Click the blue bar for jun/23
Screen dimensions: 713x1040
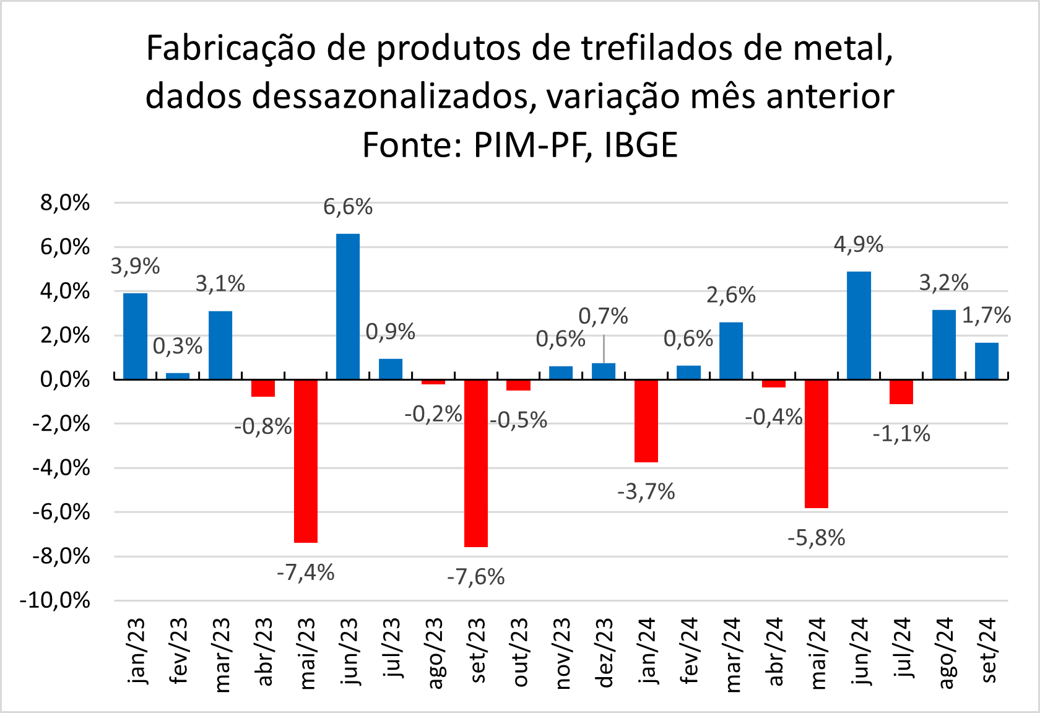pyautogui.click(x=348, y=306)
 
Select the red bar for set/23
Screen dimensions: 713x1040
pyautogui.click(x=476, y=463)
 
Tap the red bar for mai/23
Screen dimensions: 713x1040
pyautogui.click(x=306, y=461)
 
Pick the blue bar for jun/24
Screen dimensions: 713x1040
pyautogui.click(x=859, y=326)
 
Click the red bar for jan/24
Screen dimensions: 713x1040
pyautogui.click(x=646, y=421)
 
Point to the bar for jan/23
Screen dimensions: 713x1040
pyautogui.click(x=136, y=336)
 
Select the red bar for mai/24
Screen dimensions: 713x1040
pyautogui.click(x=817, y=444)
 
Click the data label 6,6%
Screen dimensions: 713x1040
pyautogui.click(x=348, y=207)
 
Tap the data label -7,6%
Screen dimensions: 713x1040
pyautogui.click(x=476, y=577)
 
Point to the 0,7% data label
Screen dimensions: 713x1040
pyautogui.click(x=603, y=316)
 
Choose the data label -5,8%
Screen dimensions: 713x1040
pyautogui.click(x=817, y=538)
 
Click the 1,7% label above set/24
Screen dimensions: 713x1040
pyautogui.click(x=986, y=316)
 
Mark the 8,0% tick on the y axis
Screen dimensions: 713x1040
pyautogui.click(x=65, y=202)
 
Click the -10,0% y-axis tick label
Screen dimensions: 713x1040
pyautogui.click(x=55, y=600)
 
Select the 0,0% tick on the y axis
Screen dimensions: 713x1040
pyautogui.click(x=65, y=379)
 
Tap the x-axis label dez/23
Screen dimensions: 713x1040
pyautogui.click(x=604, y=652)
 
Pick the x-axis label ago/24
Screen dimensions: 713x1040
pyautogui.click(x=945, y=652)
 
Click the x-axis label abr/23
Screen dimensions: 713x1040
pyautogui.click(x=264, y=652)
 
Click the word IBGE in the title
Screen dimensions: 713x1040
pyautogui.click(x=641, y=145)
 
